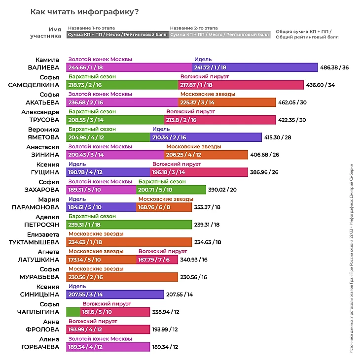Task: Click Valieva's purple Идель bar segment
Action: pyautogui.click(x=254, y=67)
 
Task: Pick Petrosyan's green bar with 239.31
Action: pyautogui.click(x=129, y=225)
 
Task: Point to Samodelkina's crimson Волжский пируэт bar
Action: pyautogui.click(x=240, y=85)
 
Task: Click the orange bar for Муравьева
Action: pyautogui.click(x=122, y=277)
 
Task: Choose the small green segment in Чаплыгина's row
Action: pyautogui.click(x=73, y=312)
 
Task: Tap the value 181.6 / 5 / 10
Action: pyautogui.click(x=97, y=312)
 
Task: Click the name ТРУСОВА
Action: pyautogui.click(x=43, y=120)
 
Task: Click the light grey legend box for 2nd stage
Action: pyautogui.click(x=219, y=35)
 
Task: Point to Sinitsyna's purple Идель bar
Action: pyautogui.click(x=115, y=295)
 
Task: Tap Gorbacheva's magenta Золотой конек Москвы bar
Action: pyautogui.click(x=108, y=347)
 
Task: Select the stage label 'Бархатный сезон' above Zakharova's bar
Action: pyautogui.click(x=162, y=181)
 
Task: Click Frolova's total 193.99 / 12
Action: pyautogui.click(x=165, y=329)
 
